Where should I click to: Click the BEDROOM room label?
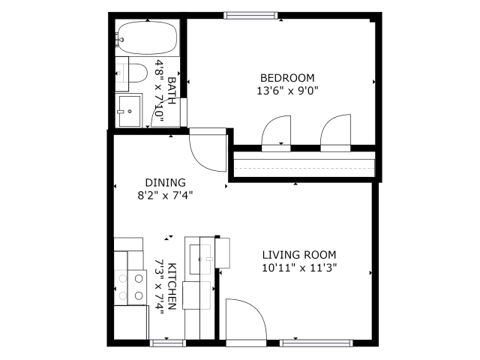click(x=287, y=78)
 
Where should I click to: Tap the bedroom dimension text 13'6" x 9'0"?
click(x=287, y=91)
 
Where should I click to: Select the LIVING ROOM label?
click(x=299, y=255)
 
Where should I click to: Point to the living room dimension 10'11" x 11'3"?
click(x=299, y=268)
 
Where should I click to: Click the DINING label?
click(x=165, y=182)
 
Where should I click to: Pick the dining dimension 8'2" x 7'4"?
click(x=165, y=195)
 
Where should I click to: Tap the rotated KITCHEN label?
click(x=172, y=286)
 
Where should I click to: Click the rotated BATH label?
click(x=172, y=90)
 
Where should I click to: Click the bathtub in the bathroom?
click(x=148, y=38)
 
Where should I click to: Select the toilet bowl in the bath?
click(x=138, y=73)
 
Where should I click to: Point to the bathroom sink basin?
click(x=130, y=111)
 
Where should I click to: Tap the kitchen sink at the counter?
click(x=200, y=259)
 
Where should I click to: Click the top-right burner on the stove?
click(x=139, y=278)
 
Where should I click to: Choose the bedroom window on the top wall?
click(x=250, y=15)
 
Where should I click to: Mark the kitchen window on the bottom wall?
click(x=168, y=343)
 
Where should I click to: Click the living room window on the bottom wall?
click(x=316, y=343)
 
